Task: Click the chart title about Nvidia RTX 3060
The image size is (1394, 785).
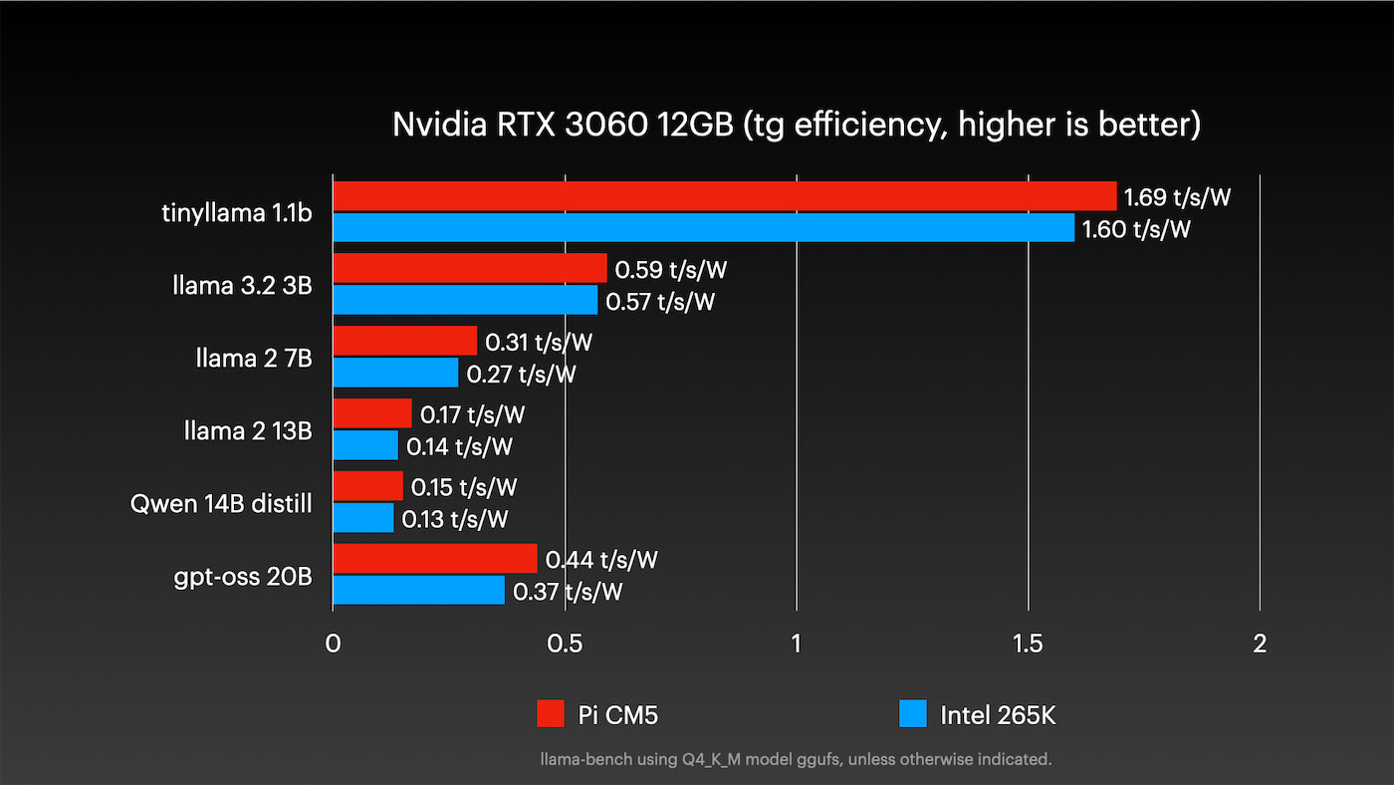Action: pos(797,125)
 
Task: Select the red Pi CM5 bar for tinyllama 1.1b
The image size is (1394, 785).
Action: pos(724,196)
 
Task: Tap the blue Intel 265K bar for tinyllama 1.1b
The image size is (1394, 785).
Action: pos(703,228)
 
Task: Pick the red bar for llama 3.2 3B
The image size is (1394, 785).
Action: pos(469,269)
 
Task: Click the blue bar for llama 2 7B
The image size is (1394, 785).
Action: pos(395,373)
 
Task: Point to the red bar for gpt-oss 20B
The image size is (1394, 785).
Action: pos(434,559)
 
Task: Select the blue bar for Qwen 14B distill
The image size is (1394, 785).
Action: pos(362,518)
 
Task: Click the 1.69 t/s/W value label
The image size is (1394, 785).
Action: pos(1178,197)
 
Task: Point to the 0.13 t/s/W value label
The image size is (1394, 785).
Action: pos(455,519)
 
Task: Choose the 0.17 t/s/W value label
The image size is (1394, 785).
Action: pos(472,414)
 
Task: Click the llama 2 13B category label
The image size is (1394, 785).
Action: pos(248,431)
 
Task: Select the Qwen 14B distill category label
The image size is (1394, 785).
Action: pos(221,504)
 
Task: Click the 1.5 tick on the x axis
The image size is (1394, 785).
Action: pos(1028,644)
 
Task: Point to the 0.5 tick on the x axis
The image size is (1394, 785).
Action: pos(565,644)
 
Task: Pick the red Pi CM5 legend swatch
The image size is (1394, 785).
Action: pos(551,714)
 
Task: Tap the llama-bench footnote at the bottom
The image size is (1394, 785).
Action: pos(796,759)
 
